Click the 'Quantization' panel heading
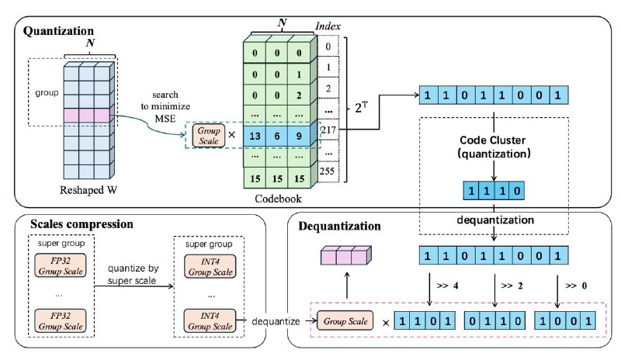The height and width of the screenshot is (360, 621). pos(58,31)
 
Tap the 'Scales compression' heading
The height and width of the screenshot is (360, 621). pos(82,224)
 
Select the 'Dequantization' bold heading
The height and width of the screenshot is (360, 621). pos(339,226)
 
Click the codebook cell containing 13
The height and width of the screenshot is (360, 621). pos(255,137)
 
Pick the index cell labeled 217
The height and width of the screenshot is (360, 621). pos(328,130)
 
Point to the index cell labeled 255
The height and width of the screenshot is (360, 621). pos(328,171)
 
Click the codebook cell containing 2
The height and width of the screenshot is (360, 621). pos(299,95)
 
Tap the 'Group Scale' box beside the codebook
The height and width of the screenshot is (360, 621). pos(208,136)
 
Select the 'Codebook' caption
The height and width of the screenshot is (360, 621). pos(278,199)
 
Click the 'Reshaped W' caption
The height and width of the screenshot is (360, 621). pos(88,190)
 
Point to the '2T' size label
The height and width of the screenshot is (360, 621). pos(361,107)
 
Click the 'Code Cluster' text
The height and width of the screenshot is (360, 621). pos(492,140)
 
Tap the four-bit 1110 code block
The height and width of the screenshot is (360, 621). pos(494,191)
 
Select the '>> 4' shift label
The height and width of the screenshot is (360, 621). pos(447,286)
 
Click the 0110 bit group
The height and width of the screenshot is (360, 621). pos(494,320)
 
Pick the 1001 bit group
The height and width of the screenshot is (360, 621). pos(565,320)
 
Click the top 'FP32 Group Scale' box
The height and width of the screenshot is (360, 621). pos(61,266)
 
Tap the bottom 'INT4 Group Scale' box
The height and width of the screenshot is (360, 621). pos(210,320)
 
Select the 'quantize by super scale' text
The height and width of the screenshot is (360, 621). pos(133,275)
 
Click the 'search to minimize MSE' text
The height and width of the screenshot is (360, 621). pos(165,106)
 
